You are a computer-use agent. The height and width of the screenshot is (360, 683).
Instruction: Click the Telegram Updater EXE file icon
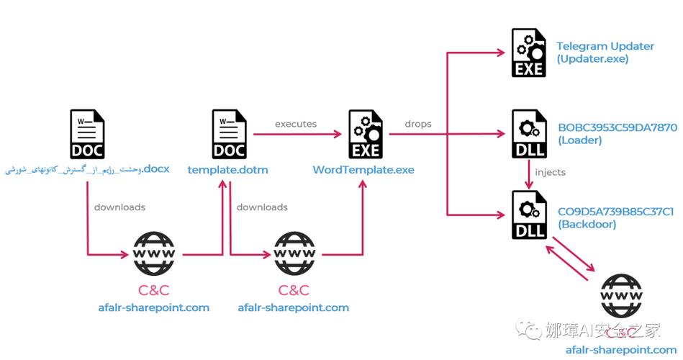(x=528, y=53)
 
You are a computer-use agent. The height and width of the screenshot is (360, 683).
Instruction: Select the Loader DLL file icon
(x=528, y=134)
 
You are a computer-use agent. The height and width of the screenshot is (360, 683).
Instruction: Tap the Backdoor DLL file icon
(x=528, y=215)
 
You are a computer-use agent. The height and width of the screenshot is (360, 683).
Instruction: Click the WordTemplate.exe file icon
(x=365, y=135)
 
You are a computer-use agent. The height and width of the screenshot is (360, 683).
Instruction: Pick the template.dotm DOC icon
(x=230, y=134)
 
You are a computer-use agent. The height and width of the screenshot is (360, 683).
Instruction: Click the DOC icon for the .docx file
(x=87, y=134)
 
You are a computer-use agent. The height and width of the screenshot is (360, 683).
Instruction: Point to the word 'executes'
(x=295, y=124)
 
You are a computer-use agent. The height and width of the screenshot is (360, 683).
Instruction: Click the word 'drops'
(x=417, y=124)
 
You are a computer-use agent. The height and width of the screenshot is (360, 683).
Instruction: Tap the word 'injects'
(x=551, y=172)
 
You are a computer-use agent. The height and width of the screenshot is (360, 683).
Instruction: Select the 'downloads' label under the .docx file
(x=119, y=207)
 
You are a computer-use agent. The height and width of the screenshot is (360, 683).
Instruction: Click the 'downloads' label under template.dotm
(x=262, y=207)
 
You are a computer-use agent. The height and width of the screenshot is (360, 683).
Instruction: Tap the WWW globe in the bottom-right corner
(x=621, y=296)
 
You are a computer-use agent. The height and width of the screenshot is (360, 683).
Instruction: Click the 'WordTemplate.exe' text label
(x=363, y=170)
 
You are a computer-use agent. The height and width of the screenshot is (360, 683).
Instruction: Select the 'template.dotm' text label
(x=227, y=170)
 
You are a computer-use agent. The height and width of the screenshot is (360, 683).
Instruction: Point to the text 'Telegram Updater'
(x=605, y=46)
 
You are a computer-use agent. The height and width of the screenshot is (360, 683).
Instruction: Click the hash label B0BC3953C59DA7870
(x=617, y=128)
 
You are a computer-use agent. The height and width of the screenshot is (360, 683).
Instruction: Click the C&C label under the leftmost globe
(x=153, y=291)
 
